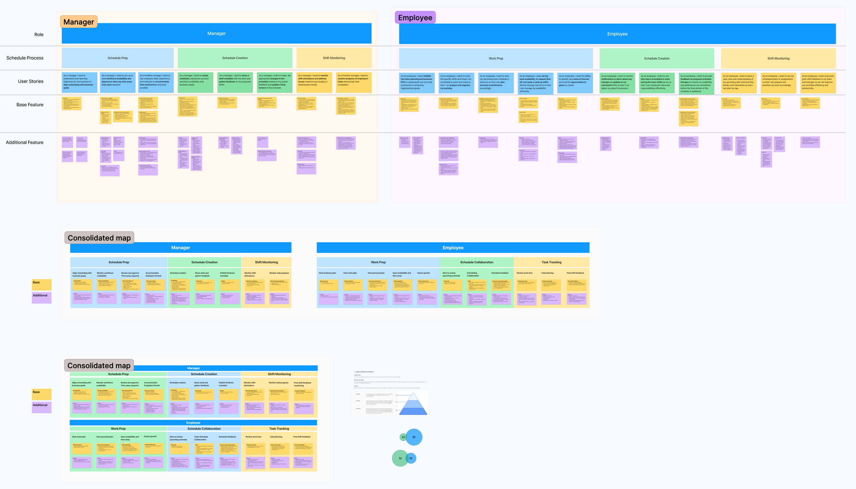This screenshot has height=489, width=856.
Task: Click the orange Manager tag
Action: [x=79, y=22]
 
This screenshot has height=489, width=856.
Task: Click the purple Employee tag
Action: [x=415, y=17]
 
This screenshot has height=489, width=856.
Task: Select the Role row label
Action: [x=39, y=35]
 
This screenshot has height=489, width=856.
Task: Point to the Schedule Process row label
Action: [x=25, y=58]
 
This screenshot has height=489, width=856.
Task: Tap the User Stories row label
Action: [x=30, y=81]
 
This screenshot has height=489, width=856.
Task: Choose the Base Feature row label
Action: [x=30, y=105]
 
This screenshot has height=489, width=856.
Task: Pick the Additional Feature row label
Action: [x=24, y=142]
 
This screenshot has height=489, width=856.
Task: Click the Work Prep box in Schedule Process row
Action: [x=495, y=59]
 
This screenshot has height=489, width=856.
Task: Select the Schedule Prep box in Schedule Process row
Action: [x=117, y=58]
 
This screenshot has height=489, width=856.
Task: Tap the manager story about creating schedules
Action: [x=195, y=82]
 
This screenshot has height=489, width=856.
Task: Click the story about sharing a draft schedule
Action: [x=235, y=82]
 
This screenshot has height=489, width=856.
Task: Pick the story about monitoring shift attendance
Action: [x=314, y=82]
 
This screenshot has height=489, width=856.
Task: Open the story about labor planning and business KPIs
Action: [x=416, y=83]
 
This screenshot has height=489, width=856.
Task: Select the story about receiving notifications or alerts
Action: [x=617, y=83]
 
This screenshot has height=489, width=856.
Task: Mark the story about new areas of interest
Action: [x=575, y=83]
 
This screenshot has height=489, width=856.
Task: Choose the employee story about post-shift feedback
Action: [x=818, y=83]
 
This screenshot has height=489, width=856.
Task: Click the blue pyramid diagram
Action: [x=413, y=404]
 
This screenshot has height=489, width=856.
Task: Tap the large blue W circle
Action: [x=414, y=437]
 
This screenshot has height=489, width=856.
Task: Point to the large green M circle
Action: [x=400, y=458]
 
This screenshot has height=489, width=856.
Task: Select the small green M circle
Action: [x=403, y=437]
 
